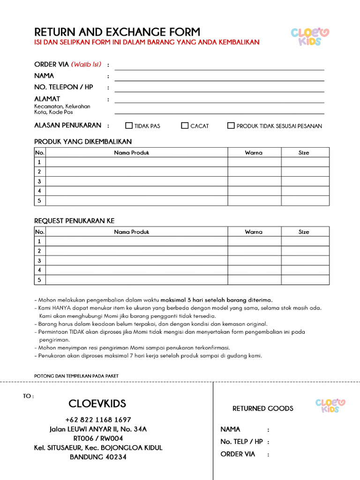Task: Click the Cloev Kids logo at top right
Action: pyautogui.click(x=310, y=37)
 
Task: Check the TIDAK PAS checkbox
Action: pyautogui.click(x=129, y=126)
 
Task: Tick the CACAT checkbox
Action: pyautogui.click(x=185, y=126)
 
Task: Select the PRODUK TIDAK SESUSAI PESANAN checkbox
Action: pyautogui.click(x=231, y=126)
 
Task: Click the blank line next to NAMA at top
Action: pyautogui.click(x=219, y=77)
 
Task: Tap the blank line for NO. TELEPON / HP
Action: pyautogui.click(x=219, y=88)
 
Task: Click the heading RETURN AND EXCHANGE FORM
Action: pyautogui.click(x=117, y=32)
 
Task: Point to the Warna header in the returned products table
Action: pyautogui.click(x=254, y=153)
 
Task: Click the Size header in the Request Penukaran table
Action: pyautogui.click(x=304, y=232)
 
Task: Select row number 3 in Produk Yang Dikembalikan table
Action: pyautogui.click(x=39, y=181)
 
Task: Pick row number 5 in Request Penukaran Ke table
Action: pyautogui.click(x=39, y=280)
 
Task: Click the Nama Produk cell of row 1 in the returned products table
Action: pyautogui.click(x=137, y=162)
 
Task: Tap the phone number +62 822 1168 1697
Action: pyautogui.click(x=98, y=420)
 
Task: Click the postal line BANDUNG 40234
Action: pyautogui.click(x=98, y=457)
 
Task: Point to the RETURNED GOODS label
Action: pyautogui.click(x=262, y=409)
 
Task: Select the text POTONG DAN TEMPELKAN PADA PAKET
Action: pyautogui.click(x=76, y=376)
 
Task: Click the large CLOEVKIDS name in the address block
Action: pyautogui.click(x=97, y=404)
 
